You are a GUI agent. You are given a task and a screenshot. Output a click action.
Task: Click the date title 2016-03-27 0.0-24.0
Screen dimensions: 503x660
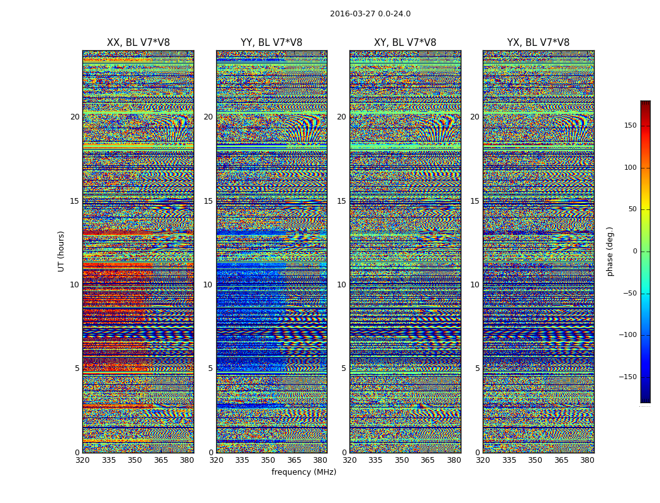(370, 14)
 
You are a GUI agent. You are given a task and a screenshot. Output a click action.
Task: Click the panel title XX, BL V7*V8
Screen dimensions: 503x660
(138, 43)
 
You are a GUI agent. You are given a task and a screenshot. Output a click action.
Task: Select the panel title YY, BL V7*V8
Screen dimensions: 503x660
(272, 43)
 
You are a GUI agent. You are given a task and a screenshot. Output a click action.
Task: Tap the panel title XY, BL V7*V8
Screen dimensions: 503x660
(405, 43)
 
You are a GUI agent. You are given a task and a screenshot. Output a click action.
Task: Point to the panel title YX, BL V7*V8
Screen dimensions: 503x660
(538, 43)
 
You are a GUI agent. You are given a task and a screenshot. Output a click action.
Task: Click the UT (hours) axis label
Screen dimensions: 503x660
(62, 251)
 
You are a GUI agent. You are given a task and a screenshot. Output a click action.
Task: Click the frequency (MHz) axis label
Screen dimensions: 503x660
(304, 472)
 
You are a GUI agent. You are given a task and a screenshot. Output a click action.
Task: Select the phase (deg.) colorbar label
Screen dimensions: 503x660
(610, 251)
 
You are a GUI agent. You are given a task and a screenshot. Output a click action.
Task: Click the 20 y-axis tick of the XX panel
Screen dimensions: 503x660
(75, 117)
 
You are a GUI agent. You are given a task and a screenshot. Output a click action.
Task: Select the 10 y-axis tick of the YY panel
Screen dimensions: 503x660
(208, 285)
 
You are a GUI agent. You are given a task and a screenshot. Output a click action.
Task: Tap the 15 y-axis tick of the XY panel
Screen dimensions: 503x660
(341, 201)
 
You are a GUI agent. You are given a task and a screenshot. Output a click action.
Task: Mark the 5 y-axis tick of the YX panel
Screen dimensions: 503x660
(477, 368)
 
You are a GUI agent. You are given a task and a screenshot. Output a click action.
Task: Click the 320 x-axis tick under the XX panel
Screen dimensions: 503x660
(82, 460)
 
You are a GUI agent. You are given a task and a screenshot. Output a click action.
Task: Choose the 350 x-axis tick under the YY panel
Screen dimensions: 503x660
(268, 460)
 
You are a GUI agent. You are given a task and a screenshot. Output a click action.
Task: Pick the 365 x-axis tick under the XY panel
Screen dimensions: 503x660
(427, 460)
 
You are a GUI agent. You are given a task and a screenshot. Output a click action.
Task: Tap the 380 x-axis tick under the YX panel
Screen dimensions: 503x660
(587, 460)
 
